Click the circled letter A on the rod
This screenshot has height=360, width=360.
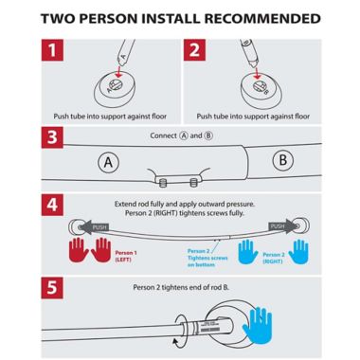[x=111, y=163]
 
